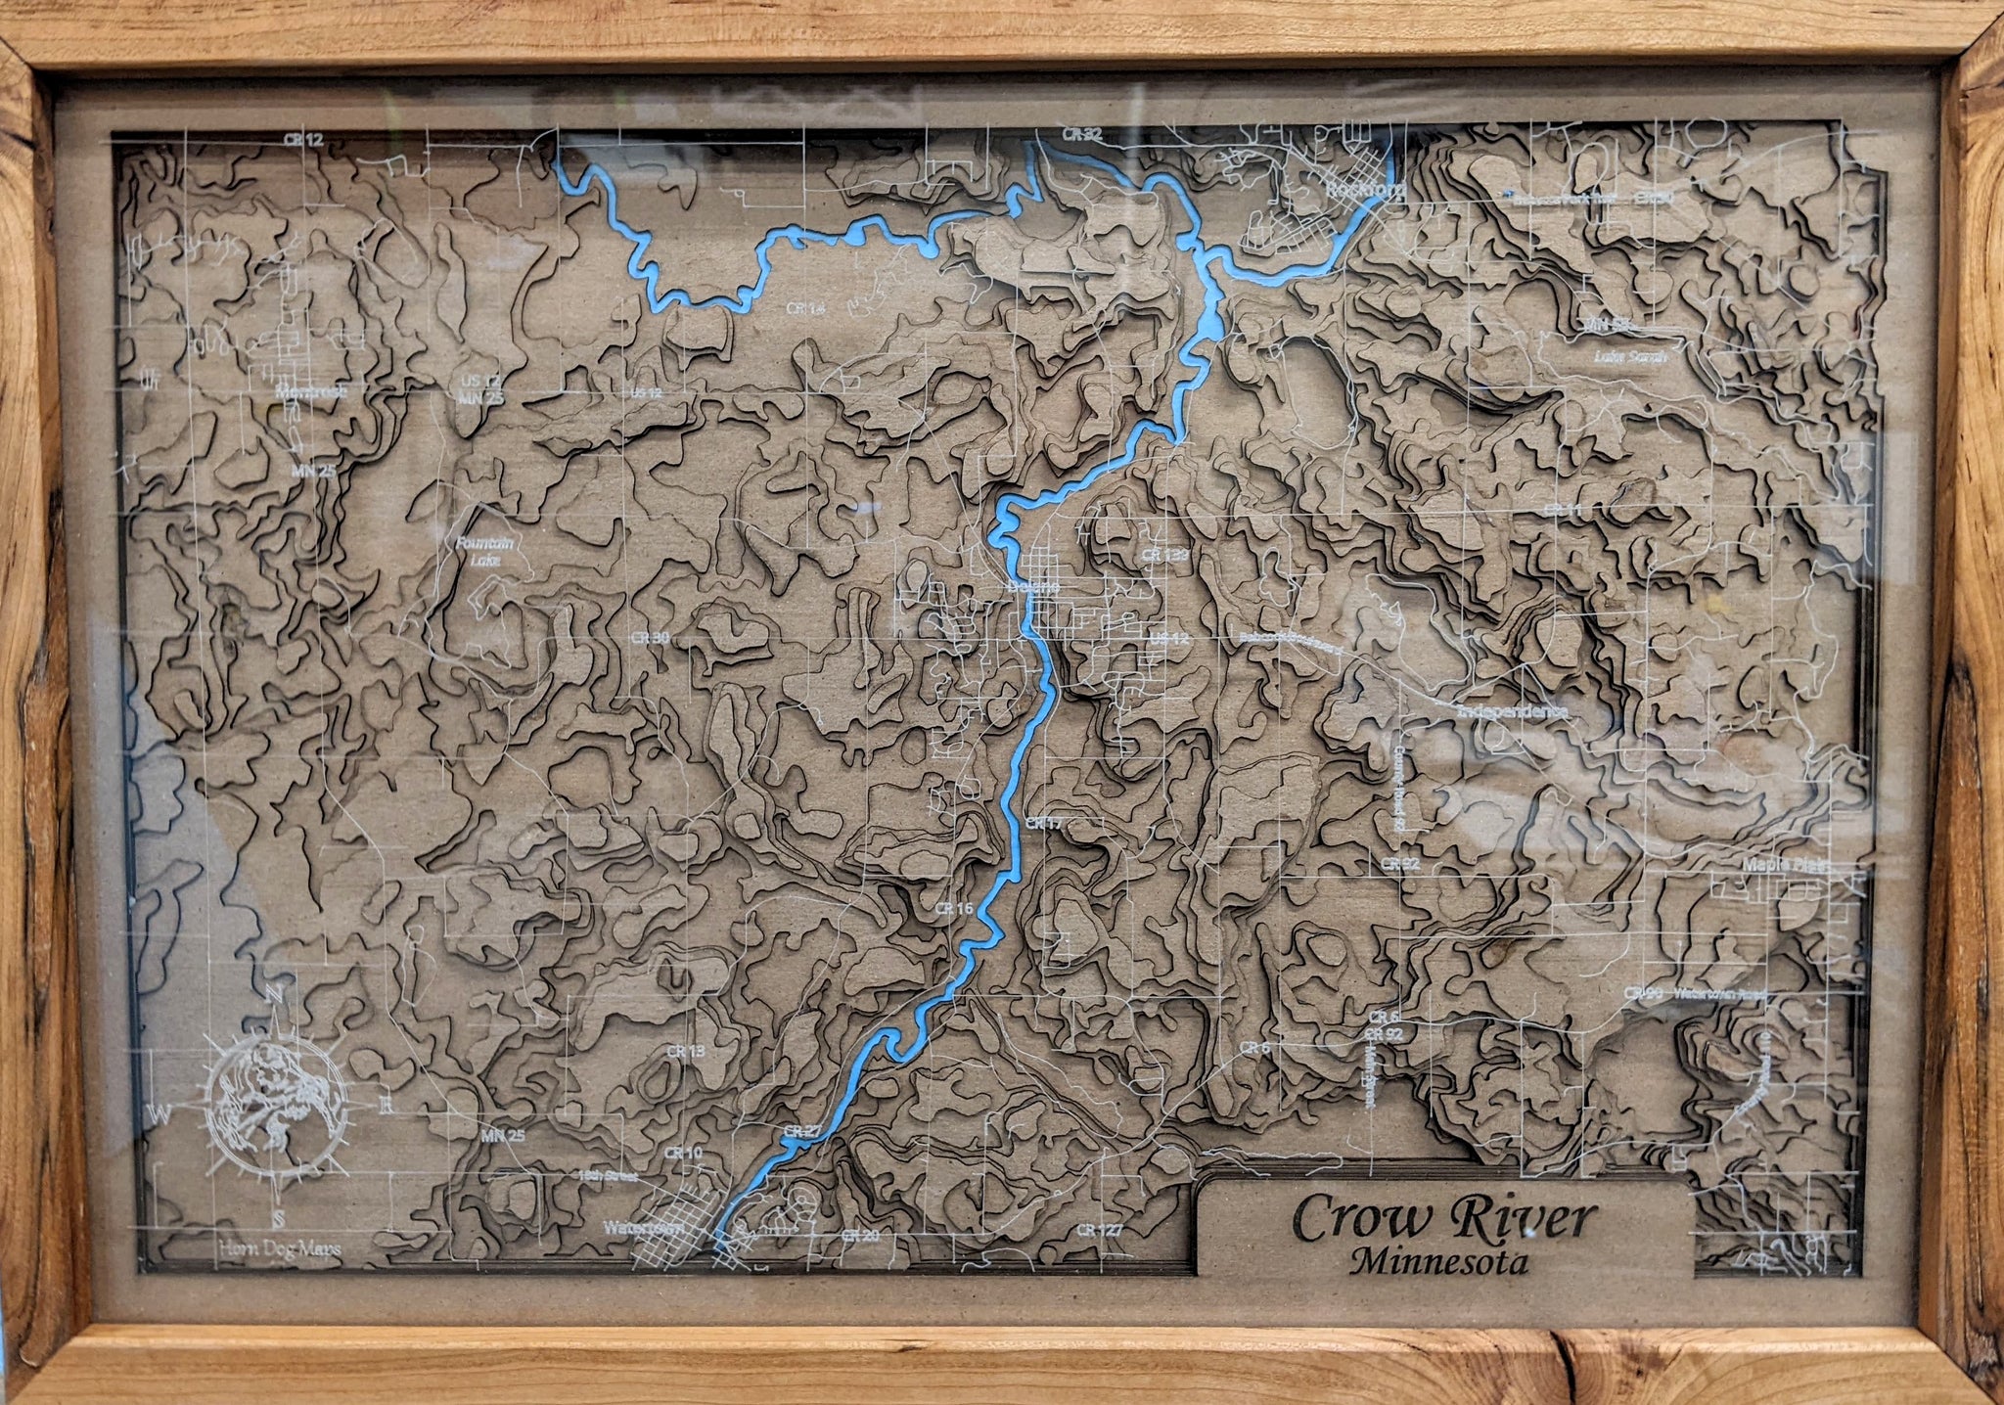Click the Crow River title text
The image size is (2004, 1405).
[x=1444, y=1221]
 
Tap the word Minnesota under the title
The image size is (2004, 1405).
[x=1437, y=1263]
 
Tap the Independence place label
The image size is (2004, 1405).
[x=1511, y=711]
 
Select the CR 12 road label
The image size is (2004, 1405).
[x=303, y=140]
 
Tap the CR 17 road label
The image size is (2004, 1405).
[x=1044, y=824]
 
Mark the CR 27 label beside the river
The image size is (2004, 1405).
[x=801, y=1131]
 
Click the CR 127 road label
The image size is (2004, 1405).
[x=1097, y=1229]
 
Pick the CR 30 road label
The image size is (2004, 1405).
[x=651, y=637]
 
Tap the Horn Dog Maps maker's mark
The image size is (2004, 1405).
[x=280, y=1246]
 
